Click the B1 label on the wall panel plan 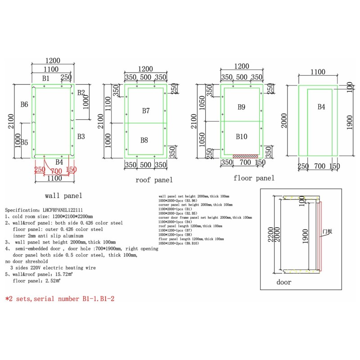click(46, 78)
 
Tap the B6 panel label click(24, 104)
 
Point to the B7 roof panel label click(146, 111)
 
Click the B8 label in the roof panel click(144, 140)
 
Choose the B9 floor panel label click(242, 107)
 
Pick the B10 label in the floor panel click(242, 136)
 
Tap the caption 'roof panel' click(154, 180)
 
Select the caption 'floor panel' click(254, 178)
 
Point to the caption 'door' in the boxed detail click(283, 282)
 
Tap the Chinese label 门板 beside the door click(327, 232)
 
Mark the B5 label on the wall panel click(24, 143)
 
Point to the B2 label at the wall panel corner click(81, 93)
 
